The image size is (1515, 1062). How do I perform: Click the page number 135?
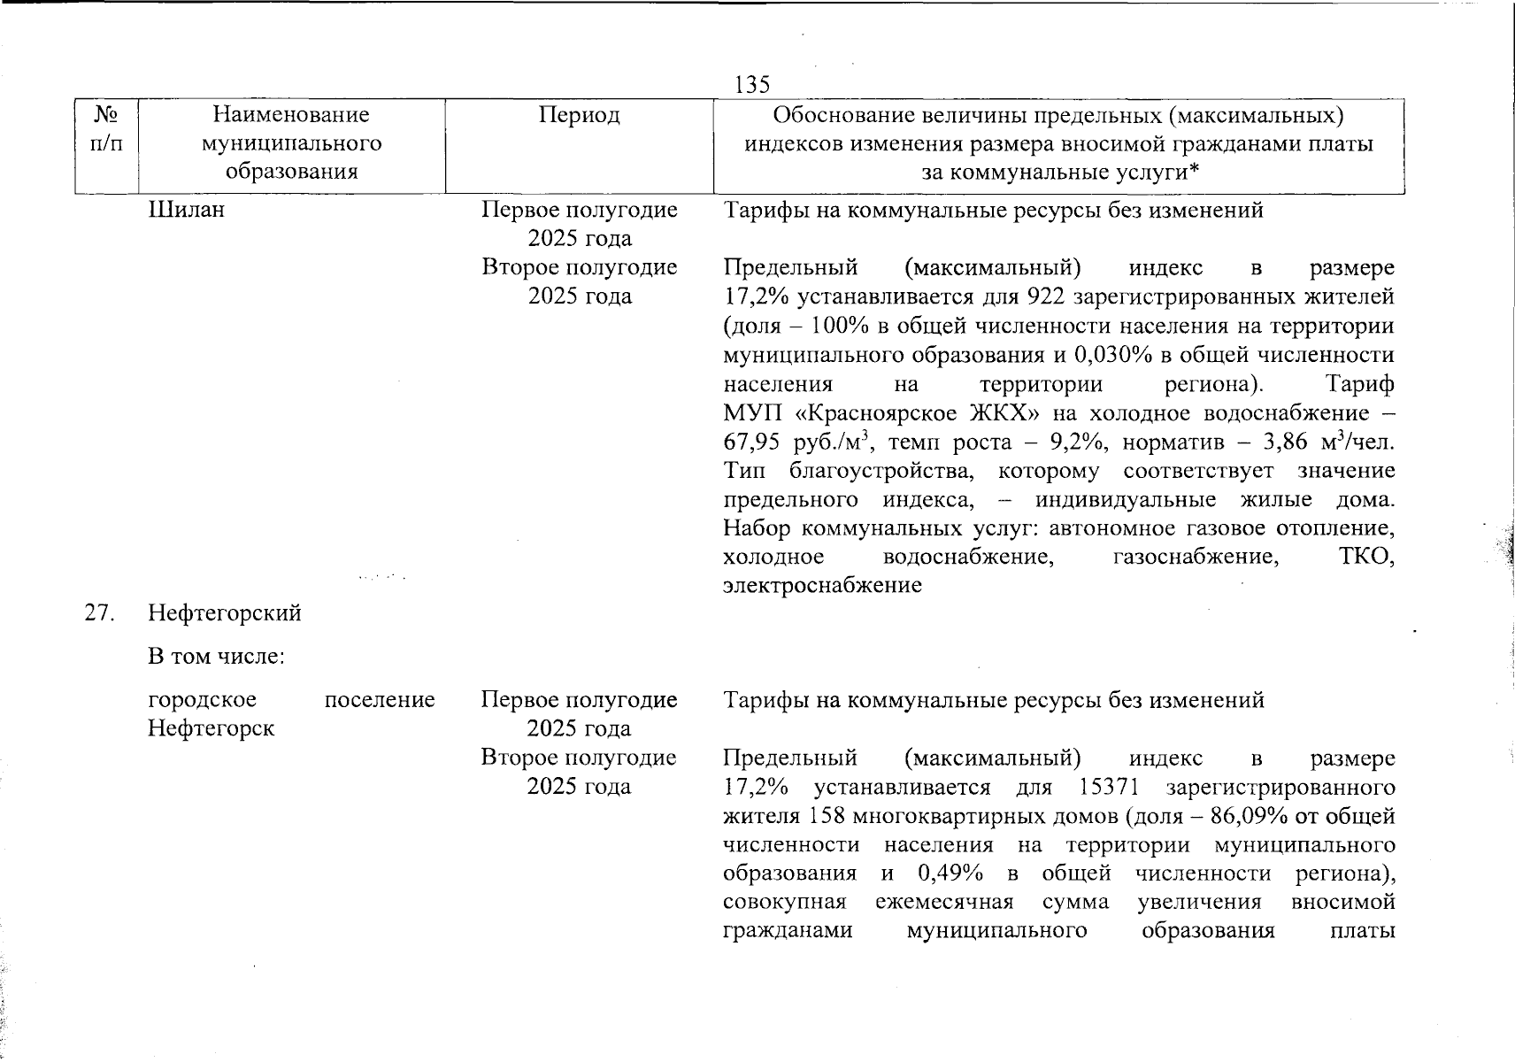[x=752, y=84]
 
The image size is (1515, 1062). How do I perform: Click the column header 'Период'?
[x=580, y=115]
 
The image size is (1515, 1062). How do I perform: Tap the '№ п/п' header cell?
[x=106, y=128]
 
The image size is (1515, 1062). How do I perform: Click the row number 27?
[x=99, y=613]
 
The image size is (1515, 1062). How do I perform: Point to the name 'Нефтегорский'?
[x=225, y=613]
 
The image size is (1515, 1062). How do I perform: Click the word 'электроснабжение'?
[x=822, y=585]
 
